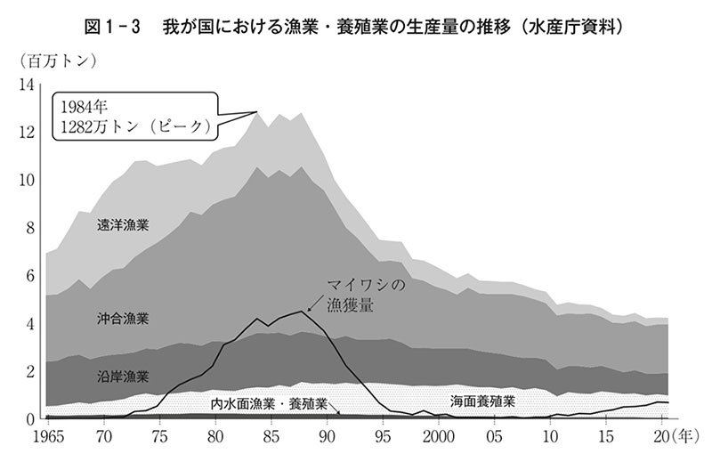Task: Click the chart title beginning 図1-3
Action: (x=356, y=27)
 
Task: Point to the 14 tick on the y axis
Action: (x=27, y=85)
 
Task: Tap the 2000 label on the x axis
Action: (x=439, y=437)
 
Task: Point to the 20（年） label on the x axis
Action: (x=673, y=437)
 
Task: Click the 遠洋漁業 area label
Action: (x=124, y=225)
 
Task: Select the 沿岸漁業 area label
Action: (x=124, y=377)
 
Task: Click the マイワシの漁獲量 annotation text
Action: (x=366, y=295)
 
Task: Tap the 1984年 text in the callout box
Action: (x=83, y=106)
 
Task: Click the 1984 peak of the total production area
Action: (x=258, y=112)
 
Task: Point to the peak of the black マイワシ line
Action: (x=303, y=311)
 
